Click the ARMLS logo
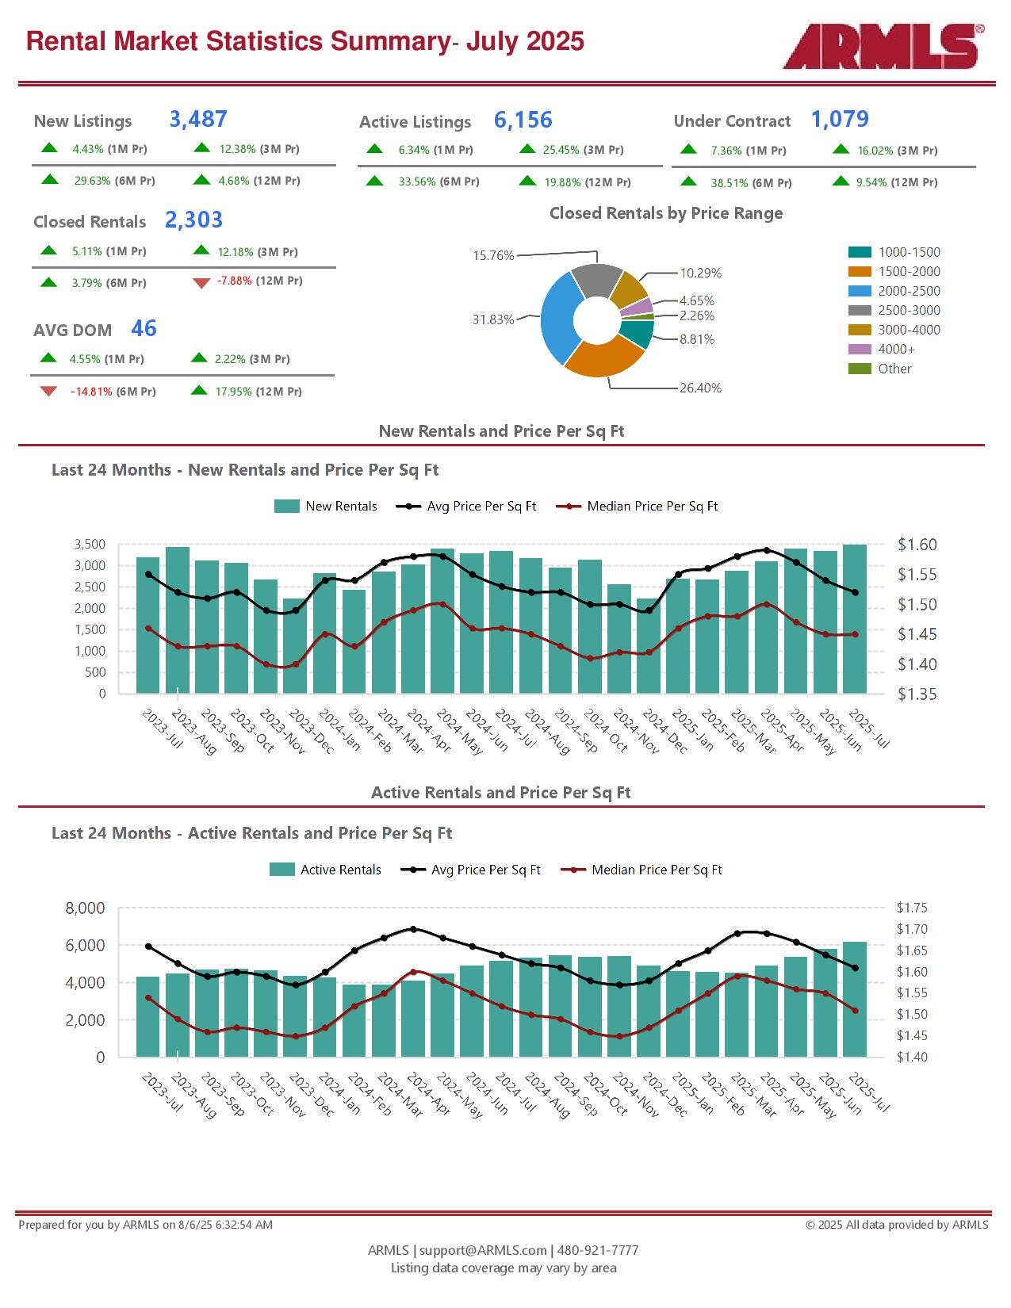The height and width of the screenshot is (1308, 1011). pyautogui.click(x=883, y=46)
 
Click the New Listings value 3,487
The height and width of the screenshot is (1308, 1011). pyautogui.click(x=198, y=119)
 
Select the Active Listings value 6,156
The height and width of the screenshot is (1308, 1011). pyautogui.click(x=523, y=120)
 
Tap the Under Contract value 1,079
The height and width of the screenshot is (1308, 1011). pyautogui.click(x=840, y=119)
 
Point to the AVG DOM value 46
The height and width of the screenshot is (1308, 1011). pyautogui.click(x=144, y=328)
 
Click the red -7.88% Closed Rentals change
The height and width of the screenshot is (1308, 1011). pyautogui.click(x=234, y=281)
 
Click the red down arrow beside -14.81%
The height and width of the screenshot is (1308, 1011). pyautogui.click(x=48, y=392)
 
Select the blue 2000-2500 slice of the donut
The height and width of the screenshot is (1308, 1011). pyautogui.click(x=559, y=318)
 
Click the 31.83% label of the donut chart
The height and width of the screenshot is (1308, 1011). pyautogui.click(x=492, y=319)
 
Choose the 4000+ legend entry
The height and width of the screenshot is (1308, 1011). pyautogui.click(x=882, y=349)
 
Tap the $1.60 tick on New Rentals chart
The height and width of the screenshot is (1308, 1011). pyautogui.click(x=917, y=545)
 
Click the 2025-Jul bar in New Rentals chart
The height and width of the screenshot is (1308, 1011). pyautogui.click(x=855, y=619)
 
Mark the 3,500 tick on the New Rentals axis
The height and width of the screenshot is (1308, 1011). pyautogui.click(x=90, y=544)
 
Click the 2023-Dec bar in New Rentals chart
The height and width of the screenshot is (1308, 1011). pyautogui.click(x=295, y=646)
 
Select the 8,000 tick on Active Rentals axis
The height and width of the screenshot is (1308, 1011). pyautogui.click(x=85, y=908)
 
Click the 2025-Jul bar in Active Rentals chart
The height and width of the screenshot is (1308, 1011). pyautogui.click(x=855, y=999)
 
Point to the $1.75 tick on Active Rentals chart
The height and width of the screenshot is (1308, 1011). pyautogui.click(x=912, y=908)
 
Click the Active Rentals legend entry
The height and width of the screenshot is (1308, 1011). pyautogui.click(x=325, y=870)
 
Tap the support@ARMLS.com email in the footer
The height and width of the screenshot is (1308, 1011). pyautogui.click(x=483, y=1250)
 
